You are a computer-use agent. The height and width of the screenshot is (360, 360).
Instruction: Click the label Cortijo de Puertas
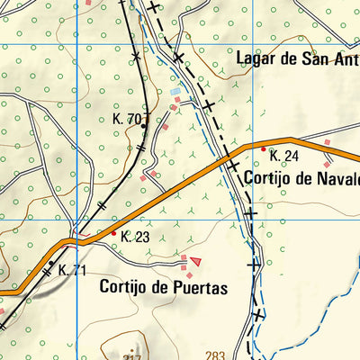(163, 288)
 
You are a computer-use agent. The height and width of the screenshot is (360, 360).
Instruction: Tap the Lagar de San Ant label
(297, 59)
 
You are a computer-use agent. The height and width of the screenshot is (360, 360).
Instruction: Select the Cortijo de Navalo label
(301, 177)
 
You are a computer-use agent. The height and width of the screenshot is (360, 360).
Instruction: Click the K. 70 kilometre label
(127, 119)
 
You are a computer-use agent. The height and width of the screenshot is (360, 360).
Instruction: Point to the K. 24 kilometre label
(283, 156)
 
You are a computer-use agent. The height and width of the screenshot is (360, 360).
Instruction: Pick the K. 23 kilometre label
(134, 238)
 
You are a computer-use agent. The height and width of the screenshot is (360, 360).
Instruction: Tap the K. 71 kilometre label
(72, 270)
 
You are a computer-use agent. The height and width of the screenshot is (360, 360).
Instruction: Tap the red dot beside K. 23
(112, 234)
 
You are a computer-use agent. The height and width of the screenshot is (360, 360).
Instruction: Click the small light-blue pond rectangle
(175, 91)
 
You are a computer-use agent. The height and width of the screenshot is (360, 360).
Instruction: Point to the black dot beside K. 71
(50, 264)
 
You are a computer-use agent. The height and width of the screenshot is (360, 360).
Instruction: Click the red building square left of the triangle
(184, 259)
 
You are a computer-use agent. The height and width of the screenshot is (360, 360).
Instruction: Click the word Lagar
(255, 59)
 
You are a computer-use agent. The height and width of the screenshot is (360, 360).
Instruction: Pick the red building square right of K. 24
(328, 142)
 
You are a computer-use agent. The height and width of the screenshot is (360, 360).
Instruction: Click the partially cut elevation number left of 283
(133, 356)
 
